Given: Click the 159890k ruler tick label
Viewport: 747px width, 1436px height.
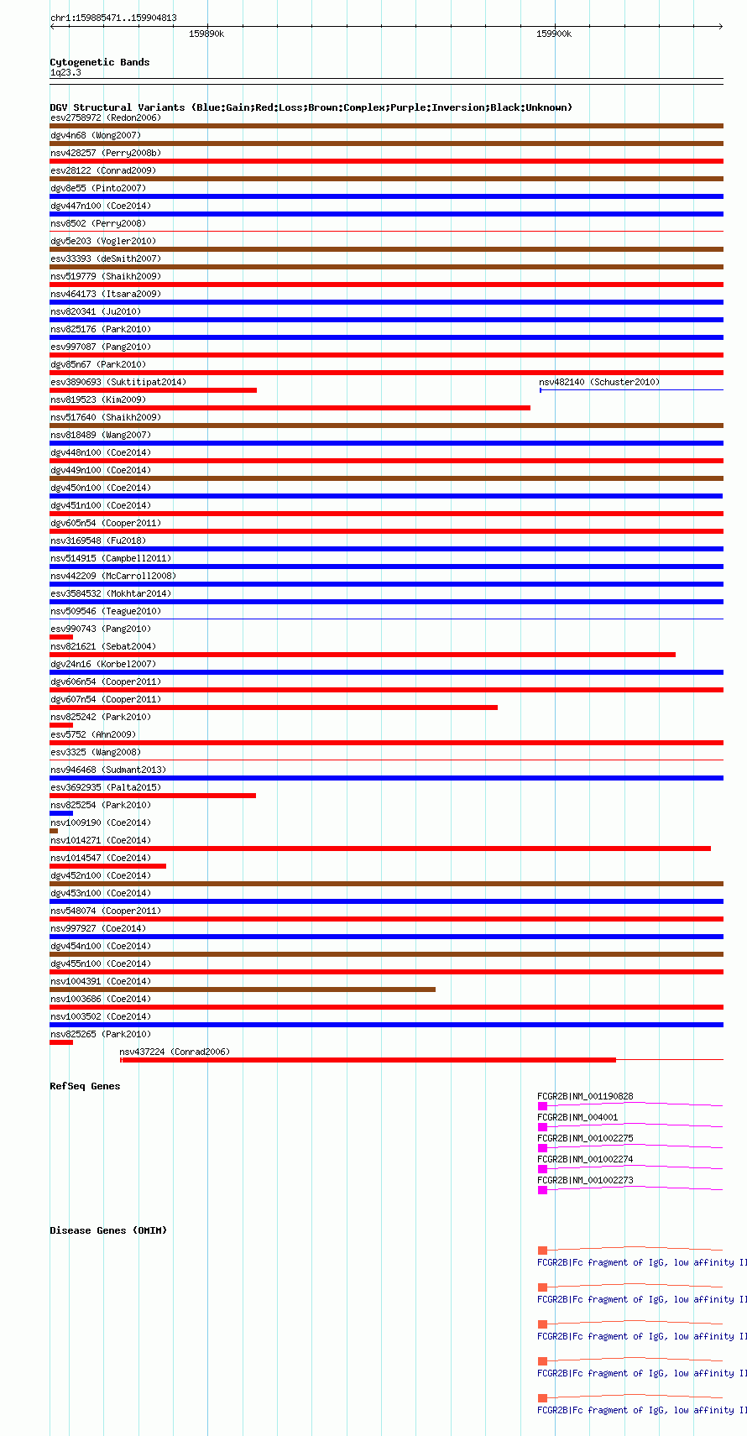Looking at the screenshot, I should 206,34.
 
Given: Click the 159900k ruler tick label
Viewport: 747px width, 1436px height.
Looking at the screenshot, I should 554,34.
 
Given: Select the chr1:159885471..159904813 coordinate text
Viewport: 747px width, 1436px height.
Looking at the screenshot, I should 113,18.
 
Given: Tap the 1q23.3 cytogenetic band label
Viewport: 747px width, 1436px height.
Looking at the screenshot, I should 65,73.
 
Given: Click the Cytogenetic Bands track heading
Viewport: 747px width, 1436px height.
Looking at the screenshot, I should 99,62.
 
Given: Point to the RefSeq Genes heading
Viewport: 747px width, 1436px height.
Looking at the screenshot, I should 85,1086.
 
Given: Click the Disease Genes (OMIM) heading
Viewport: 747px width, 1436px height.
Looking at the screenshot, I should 108,1230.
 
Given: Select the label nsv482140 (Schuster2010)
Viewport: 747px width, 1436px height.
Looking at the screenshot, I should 599,382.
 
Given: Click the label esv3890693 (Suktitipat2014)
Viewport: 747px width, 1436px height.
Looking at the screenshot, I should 118,382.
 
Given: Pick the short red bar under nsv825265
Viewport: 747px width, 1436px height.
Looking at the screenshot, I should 61,1042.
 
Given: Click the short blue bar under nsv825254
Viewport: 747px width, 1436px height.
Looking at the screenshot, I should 61,813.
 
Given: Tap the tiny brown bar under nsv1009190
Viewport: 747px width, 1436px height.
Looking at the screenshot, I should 54,831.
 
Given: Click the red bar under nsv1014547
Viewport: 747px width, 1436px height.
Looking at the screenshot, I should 107,866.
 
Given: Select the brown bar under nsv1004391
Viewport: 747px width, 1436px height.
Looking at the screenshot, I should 243,990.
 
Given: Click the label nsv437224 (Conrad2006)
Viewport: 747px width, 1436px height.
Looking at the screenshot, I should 174,1052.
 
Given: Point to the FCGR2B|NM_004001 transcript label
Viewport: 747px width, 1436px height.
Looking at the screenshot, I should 577,1117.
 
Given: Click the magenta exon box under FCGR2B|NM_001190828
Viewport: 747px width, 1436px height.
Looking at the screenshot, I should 542,1106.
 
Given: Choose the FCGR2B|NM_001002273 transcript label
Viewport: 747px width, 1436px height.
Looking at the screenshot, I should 585,1180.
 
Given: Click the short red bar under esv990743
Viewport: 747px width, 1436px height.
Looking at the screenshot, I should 61,637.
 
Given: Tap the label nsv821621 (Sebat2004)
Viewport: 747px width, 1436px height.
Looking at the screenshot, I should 103,646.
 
